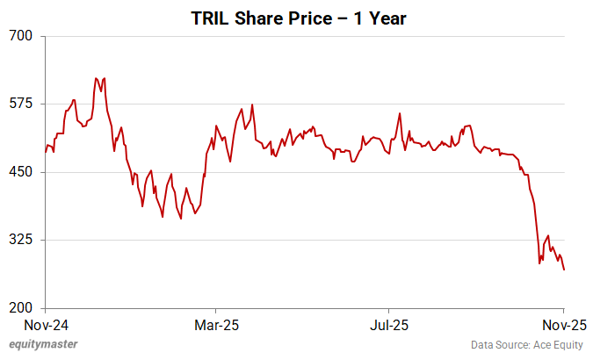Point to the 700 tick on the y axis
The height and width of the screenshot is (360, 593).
[22, 36]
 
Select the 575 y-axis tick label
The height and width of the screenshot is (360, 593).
[22, 104]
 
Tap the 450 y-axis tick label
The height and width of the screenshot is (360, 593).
[22, 172]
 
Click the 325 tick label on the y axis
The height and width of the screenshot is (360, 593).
[22, 240]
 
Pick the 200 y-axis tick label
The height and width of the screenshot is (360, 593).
[22, 308]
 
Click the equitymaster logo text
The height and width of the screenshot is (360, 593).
[43, 345]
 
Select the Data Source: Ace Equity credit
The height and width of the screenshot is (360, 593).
[526, 345]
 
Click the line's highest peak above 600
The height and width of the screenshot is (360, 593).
[96, 78]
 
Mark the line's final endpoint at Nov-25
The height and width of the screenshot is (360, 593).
[564, 270]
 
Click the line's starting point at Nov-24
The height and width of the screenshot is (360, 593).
[46, 152]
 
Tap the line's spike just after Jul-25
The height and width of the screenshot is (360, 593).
[400, 113]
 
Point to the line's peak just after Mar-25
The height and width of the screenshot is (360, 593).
[252, 105]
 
